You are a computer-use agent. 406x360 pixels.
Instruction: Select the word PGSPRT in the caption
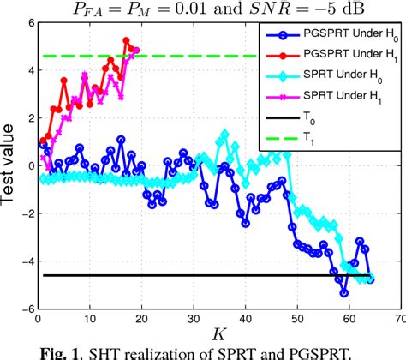[301, 351]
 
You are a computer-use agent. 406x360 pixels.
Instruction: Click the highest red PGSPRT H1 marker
[126, 40]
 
